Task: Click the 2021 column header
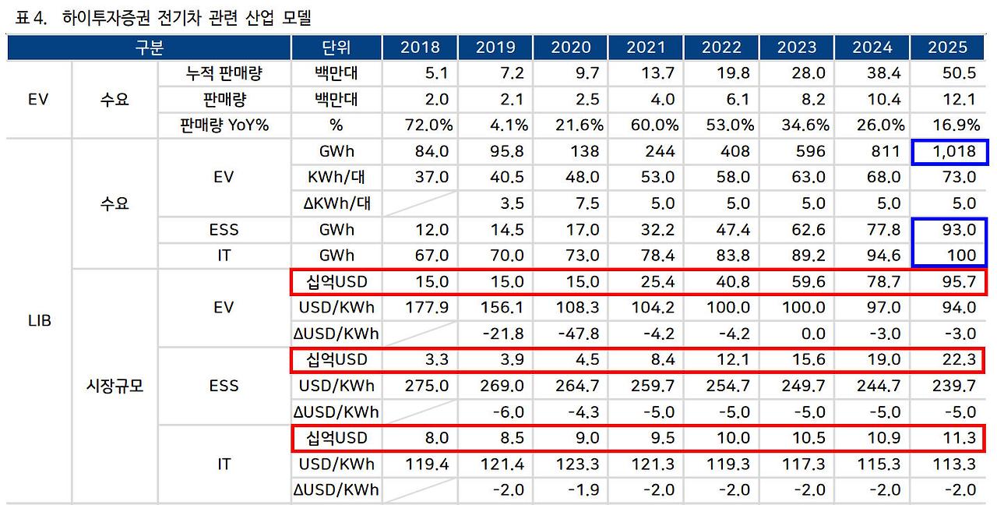646,48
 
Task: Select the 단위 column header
336,48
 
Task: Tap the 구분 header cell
149,48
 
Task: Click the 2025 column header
948,48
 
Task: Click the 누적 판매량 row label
224,74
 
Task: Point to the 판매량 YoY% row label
224,125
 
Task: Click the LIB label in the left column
39,320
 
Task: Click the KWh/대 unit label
336,177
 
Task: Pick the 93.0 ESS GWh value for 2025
957,229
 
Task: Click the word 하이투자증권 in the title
100,16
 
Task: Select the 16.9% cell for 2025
951,125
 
